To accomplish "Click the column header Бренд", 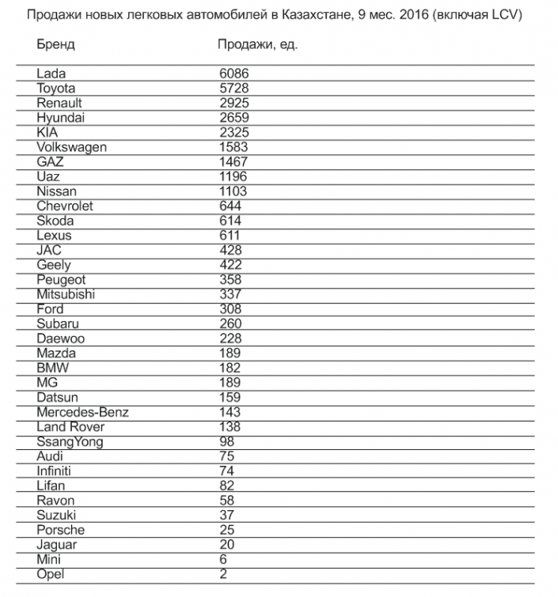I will [x=55, y=44].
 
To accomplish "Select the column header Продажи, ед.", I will [x=257, y=44].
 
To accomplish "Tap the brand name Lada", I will [x=51, y=74].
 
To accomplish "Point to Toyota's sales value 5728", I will [x=233, y=89].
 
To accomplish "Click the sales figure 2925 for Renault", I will [x=233, y=103].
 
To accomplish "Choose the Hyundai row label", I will [x=60, y=118].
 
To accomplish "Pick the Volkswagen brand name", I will [x=71, y=147].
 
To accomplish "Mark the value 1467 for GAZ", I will [x=233, y=161].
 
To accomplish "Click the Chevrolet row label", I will [x=64, y=206].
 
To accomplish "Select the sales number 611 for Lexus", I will [x=230, y=236].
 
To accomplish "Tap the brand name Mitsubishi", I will [x=66, y=294].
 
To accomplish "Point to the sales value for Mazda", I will [x=230, y=353].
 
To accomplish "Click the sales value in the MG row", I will [x=230, y=383].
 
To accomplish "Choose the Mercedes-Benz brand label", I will [x=82, y=412].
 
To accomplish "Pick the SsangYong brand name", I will [x=70, y=442].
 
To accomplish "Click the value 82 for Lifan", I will [x=226, y=486].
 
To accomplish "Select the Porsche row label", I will [x=60, y=530].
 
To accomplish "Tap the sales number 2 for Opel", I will [x=223, y=574].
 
